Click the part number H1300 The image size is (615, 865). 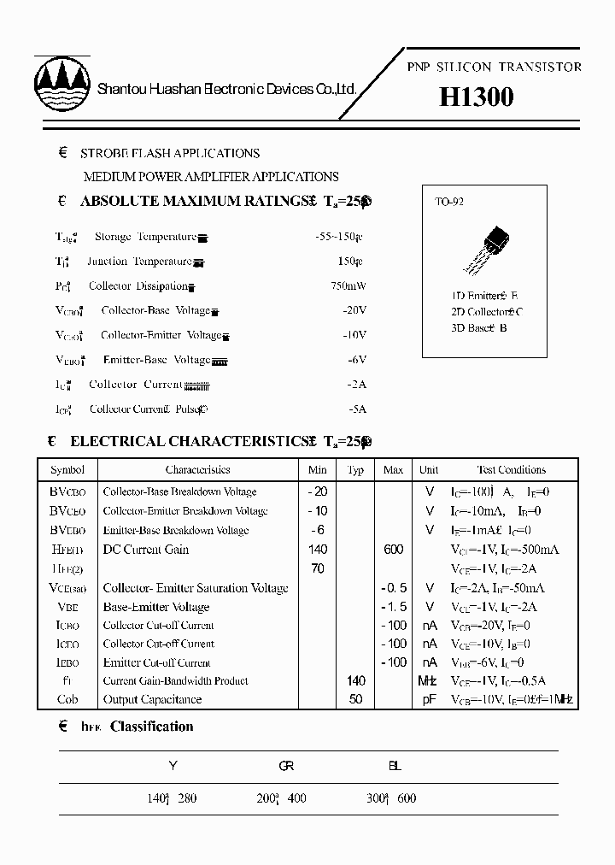coord(476,98)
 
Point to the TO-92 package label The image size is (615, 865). coord(449,203)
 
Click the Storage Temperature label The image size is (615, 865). coord(145,237)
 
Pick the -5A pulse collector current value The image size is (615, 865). coord(357,409)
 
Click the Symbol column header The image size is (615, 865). coord(67,470)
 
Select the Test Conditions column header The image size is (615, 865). coord(510,470)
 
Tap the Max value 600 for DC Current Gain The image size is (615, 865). coord(393,550)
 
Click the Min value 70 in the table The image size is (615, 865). coord(318,568)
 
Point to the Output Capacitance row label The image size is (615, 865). coord(152,700)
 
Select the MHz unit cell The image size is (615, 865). coord(428,681)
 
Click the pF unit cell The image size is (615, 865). coord(428,700)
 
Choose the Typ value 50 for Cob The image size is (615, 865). coord(356,700)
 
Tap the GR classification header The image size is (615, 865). coord(286,767)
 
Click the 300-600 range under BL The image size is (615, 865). coord(391,798)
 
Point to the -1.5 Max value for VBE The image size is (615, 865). coord(393,607)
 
